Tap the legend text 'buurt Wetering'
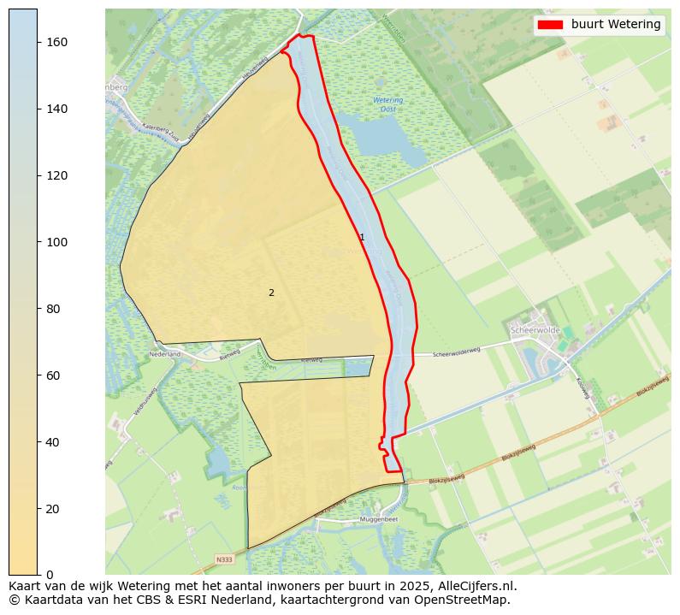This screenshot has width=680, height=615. [616, 25]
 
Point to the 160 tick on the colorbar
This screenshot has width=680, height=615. [38, 42]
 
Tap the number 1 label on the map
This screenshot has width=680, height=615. [362, 238]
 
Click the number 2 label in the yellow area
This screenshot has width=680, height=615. [271, 293]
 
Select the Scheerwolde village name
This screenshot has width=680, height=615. [535, 330]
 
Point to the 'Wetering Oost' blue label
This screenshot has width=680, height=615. [388, 105]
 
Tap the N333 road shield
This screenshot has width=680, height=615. [224, 560]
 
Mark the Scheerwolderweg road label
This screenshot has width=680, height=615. [457, 352]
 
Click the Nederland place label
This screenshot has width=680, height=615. [165, 353]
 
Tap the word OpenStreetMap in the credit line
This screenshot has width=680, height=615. [468, 600]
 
